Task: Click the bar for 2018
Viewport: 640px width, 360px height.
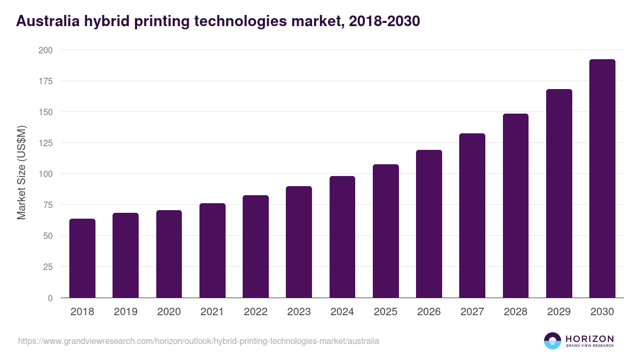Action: point(82,258)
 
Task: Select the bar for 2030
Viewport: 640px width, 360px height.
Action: point(602,179)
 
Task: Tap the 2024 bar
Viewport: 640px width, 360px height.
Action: point(342,237)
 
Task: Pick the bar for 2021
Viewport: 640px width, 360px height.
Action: point(212,251)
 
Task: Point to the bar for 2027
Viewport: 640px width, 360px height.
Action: point(472,215)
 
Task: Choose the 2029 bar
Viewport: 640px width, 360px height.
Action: point(559,194)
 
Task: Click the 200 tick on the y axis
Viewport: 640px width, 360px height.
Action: point(45,50)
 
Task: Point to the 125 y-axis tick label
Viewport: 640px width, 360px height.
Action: point(45,143)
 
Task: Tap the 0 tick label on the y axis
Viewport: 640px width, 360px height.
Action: point(50,298)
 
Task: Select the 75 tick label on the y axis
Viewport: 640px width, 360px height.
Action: point(47,205)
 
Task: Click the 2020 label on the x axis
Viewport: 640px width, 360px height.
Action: point(169,312)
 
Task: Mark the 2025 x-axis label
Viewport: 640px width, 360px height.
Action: point(386,312)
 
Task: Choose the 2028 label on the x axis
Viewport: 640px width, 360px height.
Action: point(516,312)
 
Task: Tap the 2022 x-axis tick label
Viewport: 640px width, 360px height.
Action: point(255,312)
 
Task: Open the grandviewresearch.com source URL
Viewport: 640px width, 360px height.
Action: point(198,341)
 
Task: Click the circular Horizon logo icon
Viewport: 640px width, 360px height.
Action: point(552,341)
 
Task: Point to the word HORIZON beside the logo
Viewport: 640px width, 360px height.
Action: point(589,338)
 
